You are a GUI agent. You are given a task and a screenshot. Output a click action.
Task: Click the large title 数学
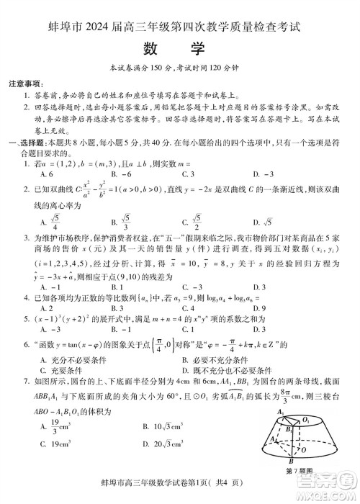pyautogui.click(x=179, y=48)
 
